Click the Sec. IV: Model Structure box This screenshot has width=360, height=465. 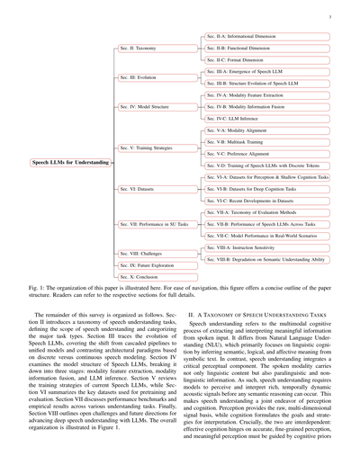click(x=144, y=107)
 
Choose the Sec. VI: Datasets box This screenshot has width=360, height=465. click(x=138, y=190)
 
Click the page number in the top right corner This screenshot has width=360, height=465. click(x=333, y=15)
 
